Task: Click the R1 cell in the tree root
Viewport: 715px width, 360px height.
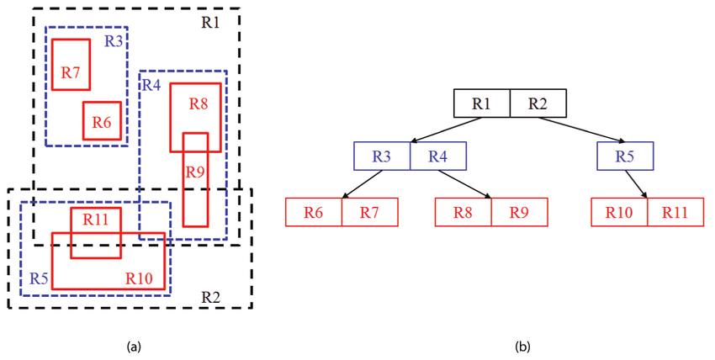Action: tap(482, 103)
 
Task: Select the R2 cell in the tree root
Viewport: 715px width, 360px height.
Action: tap(538, 103)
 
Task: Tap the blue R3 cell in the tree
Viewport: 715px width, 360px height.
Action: tap(382, 156)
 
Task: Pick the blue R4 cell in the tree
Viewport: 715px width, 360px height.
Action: tap(437, 156)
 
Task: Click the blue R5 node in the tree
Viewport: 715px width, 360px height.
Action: tap(625, 156)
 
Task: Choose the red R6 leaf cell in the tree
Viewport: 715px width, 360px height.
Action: tap(314, 212)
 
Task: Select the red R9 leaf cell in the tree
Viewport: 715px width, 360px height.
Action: tap(519, 212)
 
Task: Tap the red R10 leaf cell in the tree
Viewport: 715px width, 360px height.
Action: tap(619, 212)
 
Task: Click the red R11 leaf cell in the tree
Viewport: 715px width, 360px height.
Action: tap(675, 212)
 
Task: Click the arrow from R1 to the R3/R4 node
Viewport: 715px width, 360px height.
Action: tap(447, 131)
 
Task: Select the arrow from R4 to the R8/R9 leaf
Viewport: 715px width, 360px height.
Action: tap(464, 184)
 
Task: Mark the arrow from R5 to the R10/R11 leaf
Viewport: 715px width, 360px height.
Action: tap(636, 184)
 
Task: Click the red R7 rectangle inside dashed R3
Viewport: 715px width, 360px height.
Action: tap(71, 64)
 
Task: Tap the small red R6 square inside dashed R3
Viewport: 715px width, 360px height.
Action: tap(102, 121)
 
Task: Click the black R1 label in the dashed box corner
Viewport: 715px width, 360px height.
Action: tap(210, 23)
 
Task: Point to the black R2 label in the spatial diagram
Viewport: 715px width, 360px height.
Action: tap(210, 296)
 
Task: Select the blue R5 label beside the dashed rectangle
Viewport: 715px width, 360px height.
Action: tap(38, 278)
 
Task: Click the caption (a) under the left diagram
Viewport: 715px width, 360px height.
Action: tap(133, 346)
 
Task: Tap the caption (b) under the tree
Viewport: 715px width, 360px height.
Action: tap(522, 346)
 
